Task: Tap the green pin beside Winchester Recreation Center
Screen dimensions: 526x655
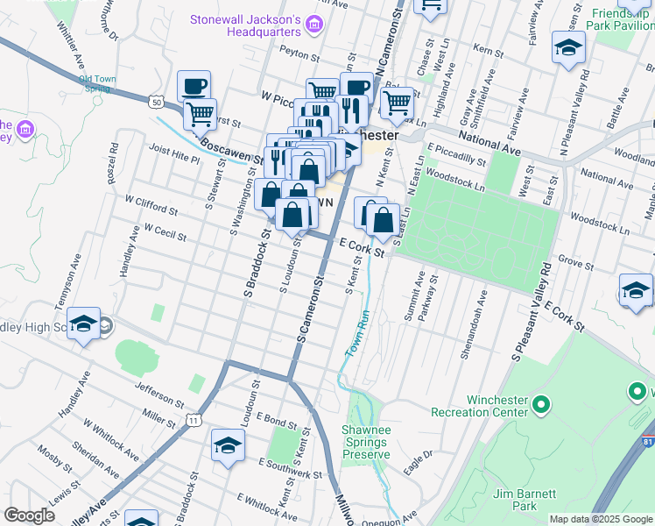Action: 541,404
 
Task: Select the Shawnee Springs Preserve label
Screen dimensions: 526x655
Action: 366,437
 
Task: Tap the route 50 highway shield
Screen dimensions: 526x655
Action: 156,102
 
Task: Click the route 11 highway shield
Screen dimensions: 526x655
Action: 194,421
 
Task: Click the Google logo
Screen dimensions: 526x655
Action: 30,515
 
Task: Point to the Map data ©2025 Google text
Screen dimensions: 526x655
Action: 601,519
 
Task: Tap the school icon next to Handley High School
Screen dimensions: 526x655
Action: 84,323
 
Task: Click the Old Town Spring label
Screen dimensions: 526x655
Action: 96,82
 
